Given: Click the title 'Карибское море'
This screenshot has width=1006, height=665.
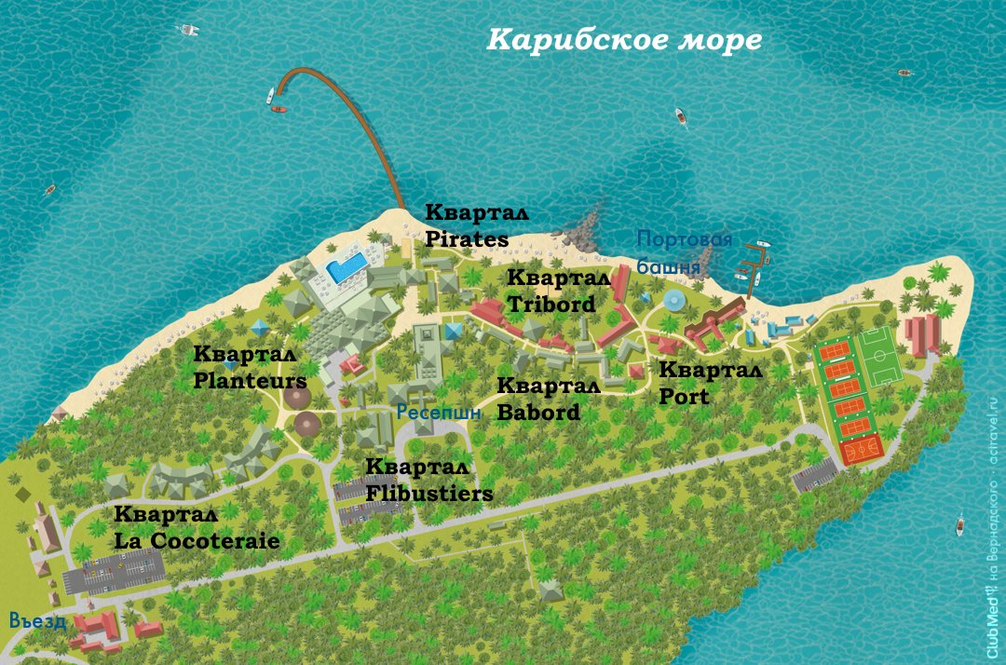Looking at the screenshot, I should [624, 41].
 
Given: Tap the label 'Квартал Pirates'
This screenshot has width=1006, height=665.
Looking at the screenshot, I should [467, 225].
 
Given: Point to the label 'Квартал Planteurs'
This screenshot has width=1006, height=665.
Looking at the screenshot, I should [250, 368].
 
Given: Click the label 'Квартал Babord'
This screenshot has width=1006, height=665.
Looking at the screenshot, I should [548, 399].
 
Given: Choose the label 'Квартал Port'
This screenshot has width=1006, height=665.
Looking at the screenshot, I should [710, 383].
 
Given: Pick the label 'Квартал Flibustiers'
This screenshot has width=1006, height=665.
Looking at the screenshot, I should [428, 481].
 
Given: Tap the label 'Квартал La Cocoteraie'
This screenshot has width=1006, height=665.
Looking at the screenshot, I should [197, 528].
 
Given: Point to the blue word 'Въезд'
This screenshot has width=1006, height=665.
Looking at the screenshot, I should [37, 620].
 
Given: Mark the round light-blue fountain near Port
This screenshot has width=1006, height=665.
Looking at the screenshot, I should [673, 301].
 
